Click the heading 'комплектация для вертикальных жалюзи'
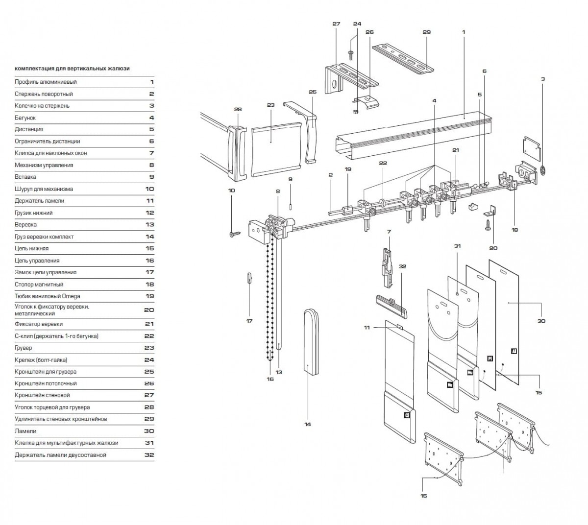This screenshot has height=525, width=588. click(x=72, y=69)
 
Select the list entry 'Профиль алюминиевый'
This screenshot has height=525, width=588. click(x=46, y=82)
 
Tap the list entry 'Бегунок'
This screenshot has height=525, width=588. click(x=25, y=118)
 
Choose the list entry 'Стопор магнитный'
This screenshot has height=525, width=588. click(x=39, y=284)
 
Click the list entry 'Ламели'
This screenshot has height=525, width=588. click(x=25, y=431)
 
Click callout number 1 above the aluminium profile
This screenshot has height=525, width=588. click(x=463, y=32)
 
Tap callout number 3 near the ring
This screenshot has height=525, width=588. click(x=543, y=78)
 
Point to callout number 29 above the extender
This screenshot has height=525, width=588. click(x=426, y=32)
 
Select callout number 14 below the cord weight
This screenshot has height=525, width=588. click(x=307, y=424)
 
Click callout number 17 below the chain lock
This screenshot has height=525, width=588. click(x=249, y=321)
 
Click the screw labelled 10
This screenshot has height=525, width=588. click(x=234, y=234)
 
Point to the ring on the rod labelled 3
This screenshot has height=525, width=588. click(x=543, y=171)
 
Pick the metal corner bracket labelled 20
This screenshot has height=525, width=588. click(x=491, y=211)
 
